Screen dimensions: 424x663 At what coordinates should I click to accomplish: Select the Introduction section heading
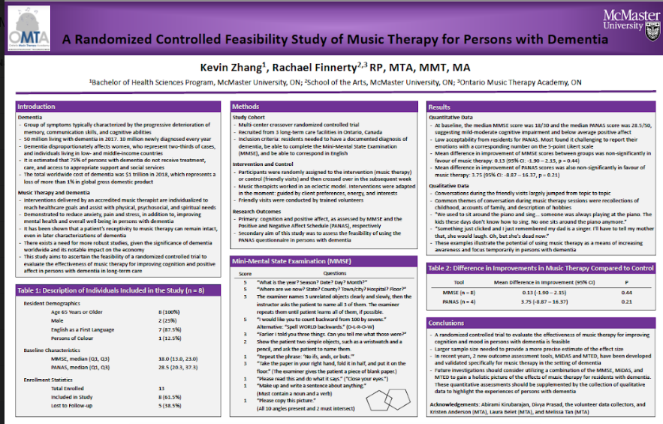37,107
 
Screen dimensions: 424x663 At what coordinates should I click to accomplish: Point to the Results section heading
440,107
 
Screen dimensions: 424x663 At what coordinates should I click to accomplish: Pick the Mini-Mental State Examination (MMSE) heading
281,261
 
